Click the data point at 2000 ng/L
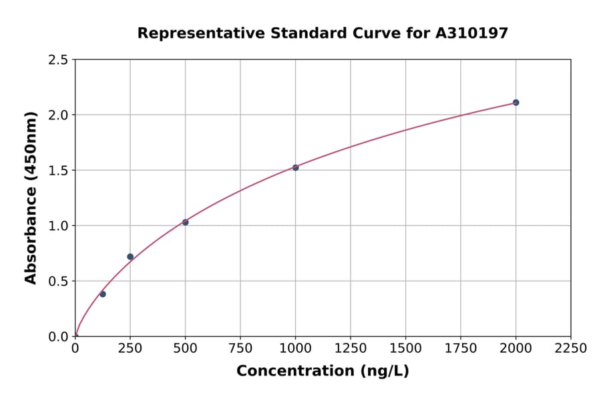(516, 103)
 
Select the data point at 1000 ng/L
(295, 167)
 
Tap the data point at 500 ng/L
(185, 222)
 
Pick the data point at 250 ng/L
(130, 257)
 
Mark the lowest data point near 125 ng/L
(103, 294)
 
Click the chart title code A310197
(471, 33)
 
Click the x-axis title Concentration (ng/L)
(323, 371)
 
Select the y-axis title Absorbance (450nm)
(31, 198)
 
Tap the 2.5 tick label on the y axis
(59, 60)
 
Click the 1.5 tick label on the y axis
(59, 171)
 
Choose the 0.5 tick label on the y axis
(59, 281)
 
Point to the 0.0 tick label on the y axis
(59, 337)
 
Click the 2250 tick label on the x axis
(571, 349)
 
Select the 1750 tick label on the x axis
(461, 349)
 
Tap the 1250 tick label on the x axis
(351, 349)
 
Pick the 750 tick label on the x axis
(240, 349)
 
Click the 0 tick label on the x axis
(75, 349)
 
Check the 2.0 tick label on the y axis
(59, 115)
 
